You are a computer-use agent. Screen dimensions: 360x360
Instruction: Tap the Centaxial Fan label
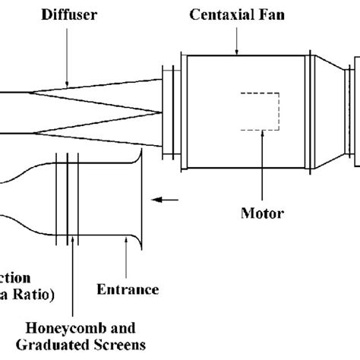coord(236,13)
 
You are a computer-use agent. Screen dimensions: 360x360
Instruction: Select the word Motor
coord(261,213)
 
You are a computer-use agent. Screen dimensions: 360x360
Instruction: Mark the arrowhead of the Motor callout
coord(261,132)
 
